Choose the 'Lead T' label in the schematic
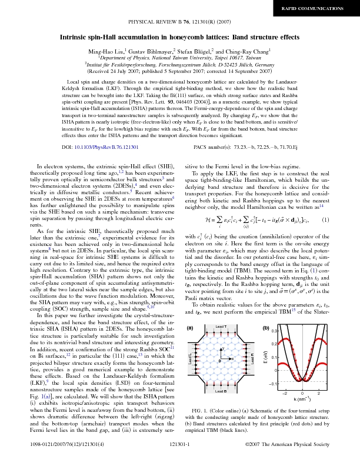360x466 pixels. point(221,326)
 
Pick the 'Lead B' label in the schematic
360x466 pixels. point(221,391)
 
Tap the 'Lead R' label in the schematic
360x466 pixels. point(253,358)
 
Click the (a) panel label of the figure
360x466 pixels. point(190,327)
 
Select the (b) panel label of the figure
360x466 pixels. point(266,327)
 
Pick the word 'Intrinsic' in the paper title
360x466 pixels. point(76,36)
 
